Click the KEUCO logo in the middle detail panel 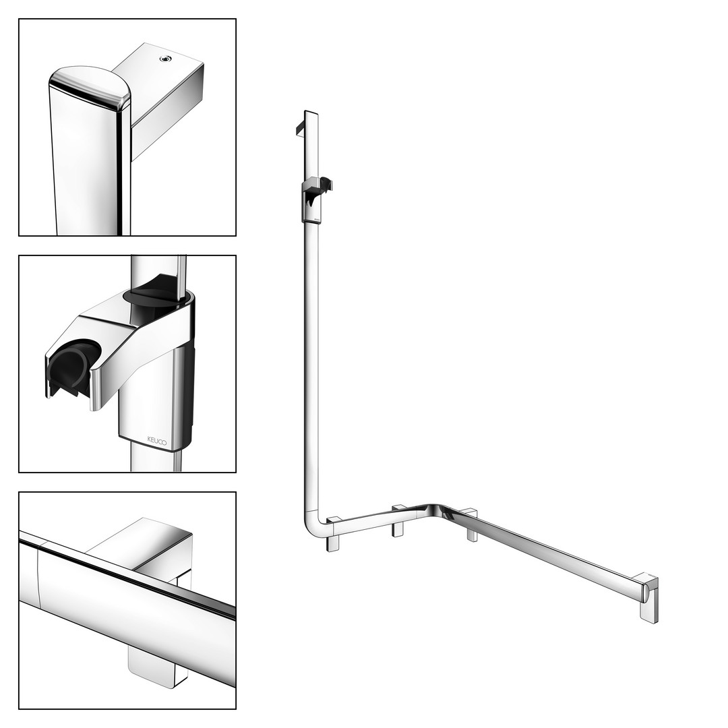coord(157,441)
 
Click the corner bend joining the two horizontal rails coord(433,508)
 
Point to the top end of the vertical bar coord(311,113)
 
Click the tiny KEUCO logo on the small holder coord(317,217)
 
